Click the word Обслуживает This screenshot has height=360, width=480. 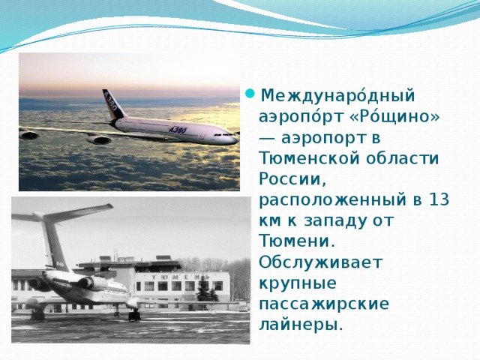319,262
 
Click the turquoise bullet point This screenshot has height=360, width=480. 250,95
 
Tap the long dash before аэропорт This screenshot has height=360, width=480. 266,139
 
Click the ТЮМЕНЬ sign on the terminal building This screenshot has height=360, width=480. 180,275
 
